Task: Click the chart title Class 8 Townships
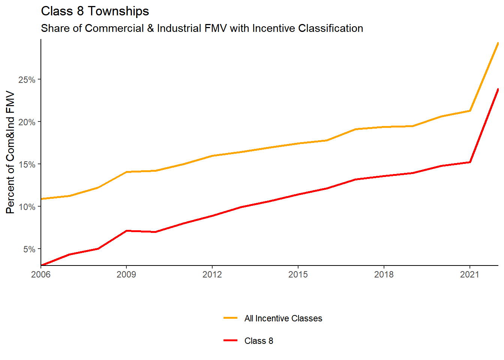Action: click(x=95, y=11)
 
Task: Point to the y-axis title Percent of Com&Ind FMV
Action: click(x=10, y=152)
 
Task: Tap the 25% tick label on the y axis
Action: click(x=27, y=80)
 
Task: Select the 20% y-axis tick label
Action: click(x=27, y=122)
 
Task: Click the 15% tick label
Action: click(x=27, y=165)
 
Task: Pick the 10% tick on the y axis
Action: click(x=27, y=207)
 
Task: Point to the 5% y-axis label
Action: click(x=29, y=249)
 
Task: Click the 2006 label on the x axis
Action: click(x=41, y=274)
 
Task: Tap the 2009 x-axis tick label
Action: click(x=126, y=274)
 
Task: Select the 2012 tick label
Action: click(x=212, y=274)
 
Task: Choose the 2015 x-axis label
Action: click(x=298, y=274)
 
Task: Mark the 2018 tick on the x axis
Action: click(x=384, y=274)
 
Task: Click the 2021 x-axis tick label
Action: click(x=470, y=274)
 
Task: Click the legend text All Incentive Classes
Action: click(x=283, y=318)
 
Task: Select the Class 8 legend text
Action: click(x=259, y=341)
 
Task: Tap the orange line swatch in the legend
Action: click(x=230, y=318)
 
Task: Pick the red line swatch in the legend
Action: click(x=230, y=340)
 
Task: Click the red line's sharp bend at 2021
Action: click(x=470, y=162)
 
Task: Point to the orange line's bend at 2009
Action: click(x=127, y=172)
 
